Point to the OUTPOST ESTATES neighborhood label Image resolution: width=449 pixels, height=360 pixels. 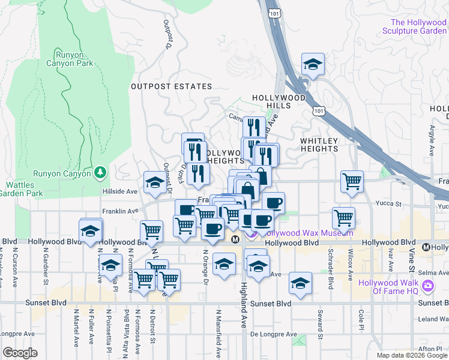[163, 86]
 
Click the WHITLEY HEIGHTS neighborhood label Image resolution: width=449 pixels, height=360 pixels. [320, 145]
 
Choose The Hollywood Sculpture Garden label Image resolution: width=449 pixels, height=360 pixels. [414, 26]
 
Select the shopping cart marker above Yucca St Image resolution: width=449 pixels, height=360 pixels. [352, 181]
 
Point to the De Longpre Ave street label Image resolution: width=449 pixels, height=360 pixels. [274, 334]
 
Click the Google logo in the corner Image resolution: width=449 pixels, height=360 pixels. [20, 353]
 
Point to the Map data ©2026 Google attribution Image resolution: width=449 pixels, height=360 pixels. [411, 355]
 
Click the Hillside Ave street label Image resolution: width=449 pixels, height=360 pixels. [120, 191]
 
